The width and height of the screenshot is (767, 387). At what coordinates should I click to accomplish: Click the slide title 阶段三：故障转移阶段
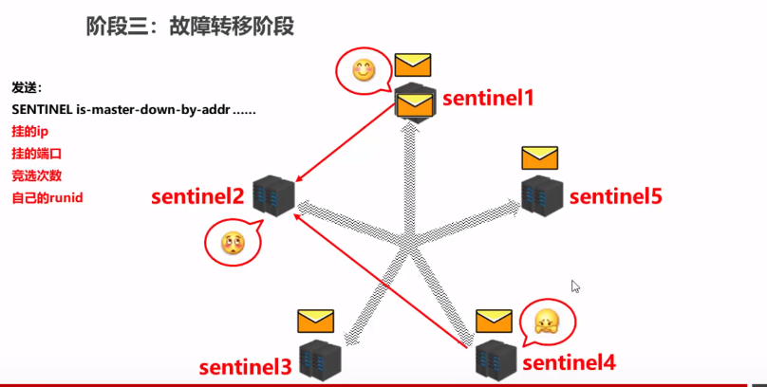(x=190, y=26)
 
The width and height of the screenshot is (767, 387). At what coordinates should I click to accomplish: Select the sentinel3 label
(x=245, y=366)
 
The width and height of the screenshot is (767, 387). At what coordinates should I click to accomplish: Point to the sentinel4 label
(x=569, y=361)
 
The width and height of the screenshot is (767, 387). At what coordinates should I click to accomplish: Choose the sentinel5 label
(x=615, y=196)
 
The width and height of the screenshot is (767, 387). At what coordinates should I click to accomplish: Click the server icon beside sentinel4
(x=496, y=357)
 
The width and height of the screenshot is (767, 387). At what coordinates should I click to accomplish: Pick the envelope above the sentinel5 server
(x=539, y=157)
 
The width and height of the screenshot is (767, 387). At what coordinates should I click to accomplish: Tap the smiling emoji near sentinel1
(x=362, y=70)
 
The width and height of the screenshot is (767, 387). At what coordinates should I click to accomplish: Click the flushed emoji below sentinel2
(x=232, y=244)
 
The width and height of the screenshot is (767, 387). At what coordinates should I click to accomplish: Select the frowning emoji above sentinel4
(x=547, y=322)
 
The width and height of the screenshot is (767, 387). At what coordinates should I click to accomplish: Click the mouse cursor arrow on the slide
(x=575, y=286)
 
